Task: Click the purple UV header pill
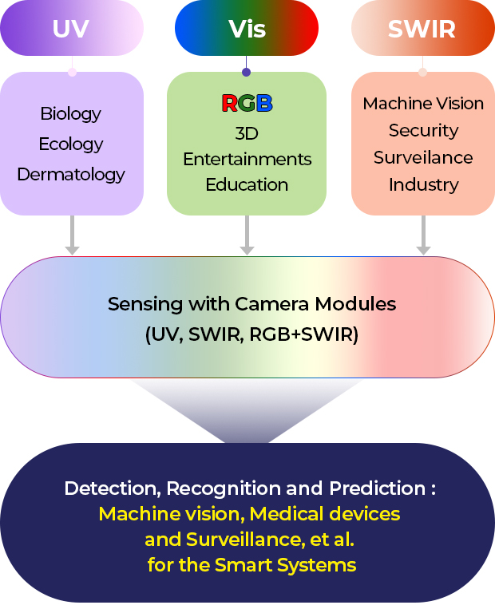pos(72,28)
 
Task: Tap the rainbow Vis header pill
pos(247,28)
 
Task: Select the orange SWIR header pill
pos(422,28)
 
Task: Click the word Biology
pos(71,113)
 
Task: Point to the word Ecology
pos(71,144)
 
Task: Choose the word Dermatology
pos(71,174)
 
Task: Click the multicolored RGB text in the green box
pos(247,103)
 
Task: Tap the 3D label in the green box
pos(247,132)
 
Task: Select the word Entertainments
pos(247,159)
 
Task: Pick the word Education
pos(247,184)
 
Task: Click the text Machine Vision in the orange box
pos(423,104)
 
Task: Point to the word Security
pos(423,130)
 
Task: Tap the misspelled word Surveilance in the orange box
pos(423,157)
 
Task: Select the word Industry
pos(423,184)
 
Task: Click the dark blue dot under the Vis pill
pos(247,72)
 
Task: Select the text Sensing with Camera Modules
pos(252,304)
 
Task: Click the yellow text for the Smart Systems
pos(252,566)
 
